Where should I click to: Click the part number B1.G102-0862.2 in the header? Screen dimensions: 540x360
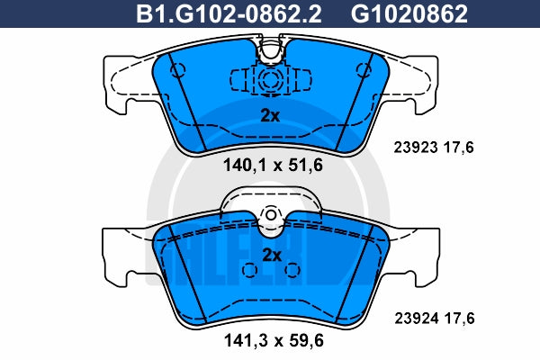(229, 13)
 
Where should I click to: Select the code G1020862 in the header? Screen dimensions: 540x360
(409, 13)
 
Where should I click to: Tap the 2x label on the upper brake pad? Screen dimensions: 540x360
(270, 116)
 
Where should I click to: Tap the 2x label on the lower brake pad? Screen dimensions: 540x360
(272, 255)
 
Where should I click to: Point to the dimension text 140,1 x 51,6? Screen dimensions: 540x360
(273, 165)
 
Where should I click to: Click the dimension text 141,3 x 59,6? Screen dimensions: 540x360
(274, 341)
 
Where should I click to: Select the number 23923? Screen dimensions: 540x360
(416, 148)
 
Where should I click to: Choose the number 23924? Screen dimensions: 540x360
(417, 319)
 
